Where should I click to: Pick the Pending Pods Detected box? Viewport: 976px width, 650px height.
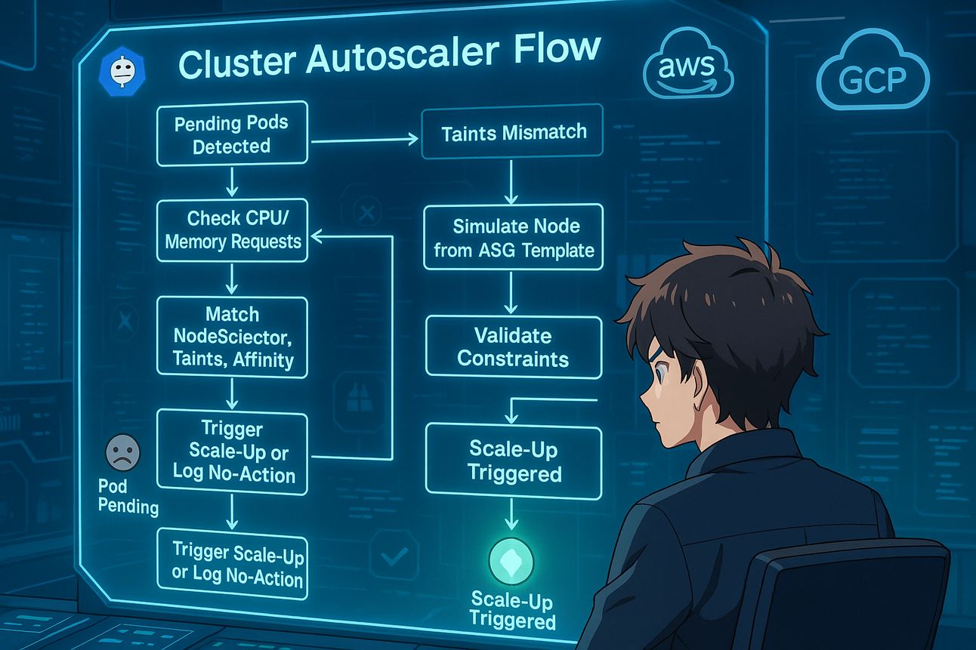point(232,134)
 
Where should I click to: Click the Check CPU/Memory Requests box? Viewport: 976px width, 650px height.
point(232,230)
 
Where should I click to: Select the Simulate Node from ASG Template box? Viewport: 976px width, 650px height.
point(513,237)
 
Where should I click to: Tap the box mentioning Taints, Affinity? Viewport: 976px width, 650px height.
point(232,337)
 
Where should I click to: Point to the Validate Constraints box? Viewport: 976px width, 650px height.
point(513,347)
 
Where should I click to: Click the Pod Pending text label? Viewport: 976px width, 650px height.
point(128,497)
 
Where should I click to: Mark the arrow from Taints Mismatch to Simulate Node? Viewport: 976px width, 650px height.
point(511,181)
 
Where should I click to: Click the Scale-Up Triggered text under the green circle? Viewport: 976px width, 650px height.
point(511,611)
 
